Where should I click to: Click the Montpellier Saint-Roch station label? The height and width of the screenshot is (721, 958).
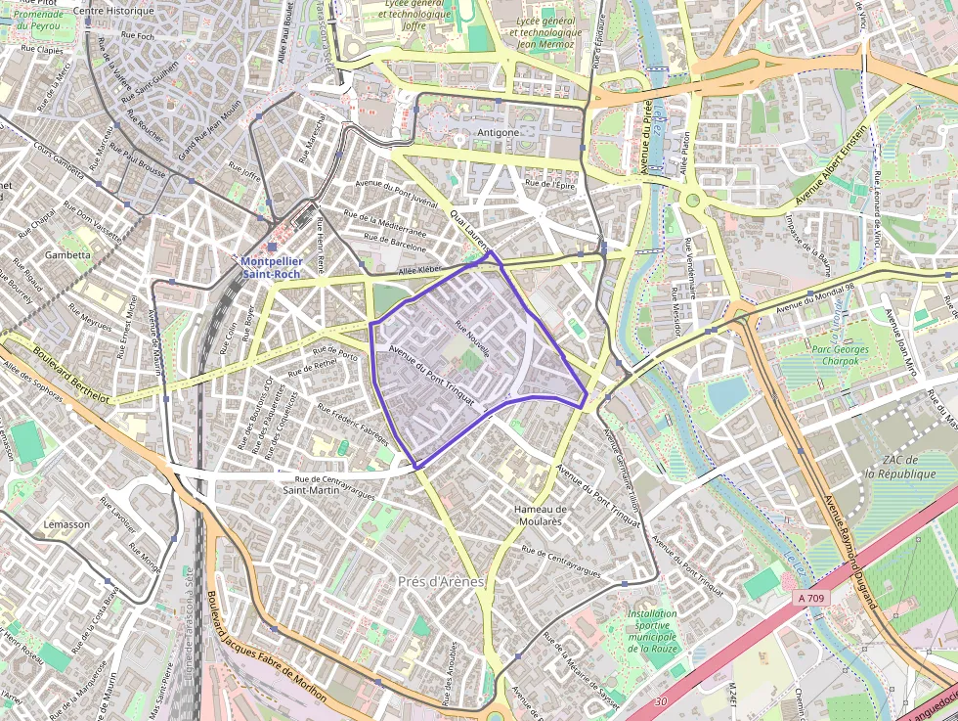[x=271, y=268]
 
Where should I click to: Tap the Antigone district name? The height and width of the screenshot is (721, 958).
[x=499, y=132]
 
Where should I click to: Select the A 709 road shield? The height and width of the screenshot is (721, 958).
[x=811, y=598]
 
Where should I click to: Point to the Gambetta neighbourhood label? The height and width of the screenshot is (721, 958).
[x=67, y=254]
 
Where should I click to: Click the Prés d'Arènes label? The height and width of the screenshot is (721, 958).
[x=441, y=582]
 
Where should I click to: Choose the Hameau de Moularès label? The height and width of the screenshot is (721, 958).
[x=540, y=516]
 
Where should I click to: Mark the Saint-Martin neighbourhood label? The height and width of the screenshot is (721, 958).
[x=311, y=490]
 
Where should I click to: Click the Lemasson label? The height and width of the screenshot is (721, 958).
[x=67, y=524]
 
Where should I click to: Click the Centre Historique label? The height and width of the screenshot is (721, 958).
[x=114, y=11]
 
